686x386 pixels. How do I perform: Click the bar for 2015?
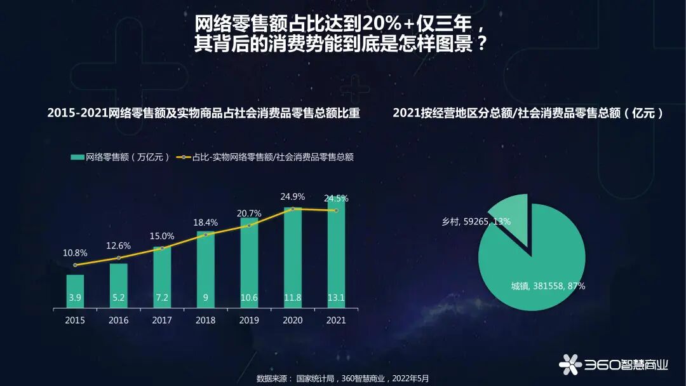75,291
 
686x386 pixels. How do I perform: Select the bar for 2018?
205,270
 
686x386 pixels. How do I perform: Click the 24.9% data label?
292,196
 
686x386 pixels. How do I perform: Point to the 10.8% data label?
75,253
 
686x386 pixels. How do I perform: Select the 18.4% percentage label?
205,223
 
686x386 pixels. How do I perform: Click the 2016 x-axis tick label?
118,321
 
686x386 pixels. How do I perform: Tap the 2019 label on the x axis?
249,321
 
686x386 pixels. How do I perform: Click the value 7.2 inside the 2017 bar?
162,298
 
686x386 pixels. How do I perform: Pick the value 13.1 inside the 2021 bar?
336,298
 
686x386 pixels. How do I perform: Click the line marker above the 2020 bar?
293,209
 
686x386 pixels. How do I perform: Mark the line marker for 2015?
75,265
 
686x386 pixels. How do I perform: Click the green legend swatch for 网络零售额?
77,157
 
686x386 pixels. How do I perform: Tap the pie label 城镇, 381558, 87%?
548,286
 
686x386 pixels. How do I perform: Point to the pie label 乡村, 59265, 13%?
476,222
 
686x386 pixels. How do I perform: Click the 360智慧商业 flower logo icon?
570,364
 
